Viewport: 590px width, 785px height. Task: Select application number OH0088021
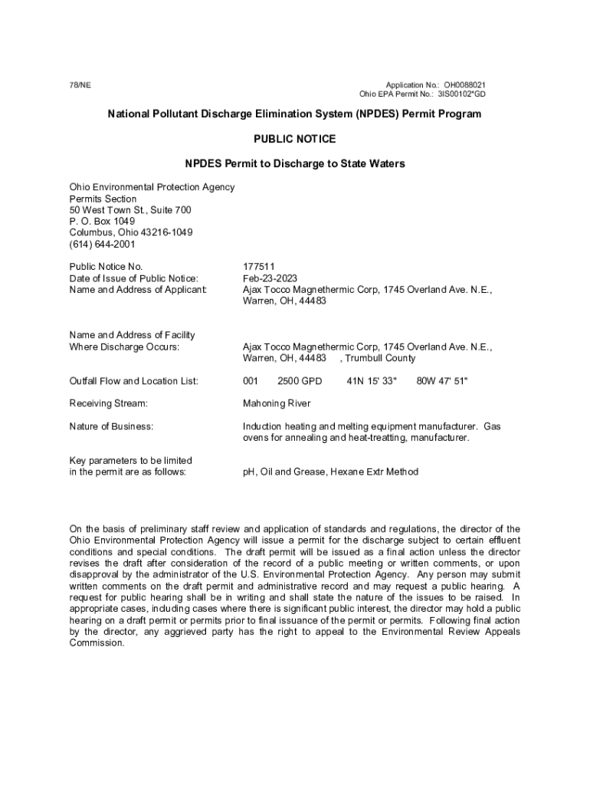pyautogui.click(x=460, y=84)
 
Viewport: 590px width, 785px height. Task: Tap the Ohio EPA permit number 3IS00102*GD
pyautogui.click(x=461, y=94)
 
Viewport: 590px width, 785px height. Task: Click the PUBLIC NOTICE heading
pyautogui.click(x=294, y=139)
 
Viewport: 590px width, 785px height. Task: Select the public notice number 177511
pyautogui.click(x=258, y=267)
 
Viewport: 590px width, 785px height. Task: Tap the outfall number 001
pyautogui.click(x=251, y=381)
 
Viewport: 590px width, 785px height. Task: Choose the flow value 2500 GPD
pyautogui.click(x=300, y=381)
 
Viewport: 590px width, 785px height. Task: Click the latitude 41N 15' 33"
pyautogui.click(x=372, y=381)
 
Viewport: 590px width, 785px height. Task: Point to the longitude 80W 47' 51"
pyautogui.click(x=441, y=381)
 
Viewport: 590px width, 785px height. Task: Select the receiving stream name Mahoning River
pyautogui.click(x=277, y=403)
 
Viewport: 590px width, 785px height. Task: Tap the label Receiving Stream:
pyautogui.click(x=108, y=403)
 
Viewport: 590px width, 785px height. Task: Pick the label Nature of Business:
pyautogui.click(x=111, y=425)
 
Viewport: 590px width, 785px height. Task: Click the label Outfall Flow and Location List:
pyautogui.click(x=133, y=381)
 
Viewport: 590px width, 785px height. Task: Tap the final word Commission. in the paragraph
pyautogui.click(x=97, y=643)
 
